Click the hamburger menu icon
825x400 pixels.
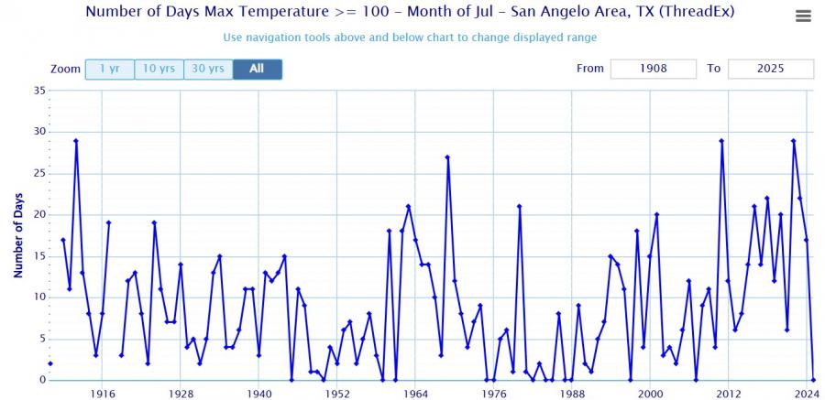[x=803, y=16]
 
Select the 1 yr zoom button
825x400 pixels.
[x=109, y=69]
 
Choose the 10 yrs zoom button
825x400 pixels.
[x=159, y=69]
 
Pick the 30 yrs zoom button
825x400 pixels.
[x=208, y=69]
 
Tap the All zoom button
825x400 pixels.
[x=257, y=69]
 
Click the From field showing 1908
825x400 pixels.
[x=654, y=69]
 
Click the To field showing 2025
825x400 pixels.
[x=770, y=69]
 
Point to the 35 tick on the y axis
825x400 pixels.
[x=39, y=90]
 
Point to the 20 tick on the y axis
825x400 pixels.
[x=39, y=214]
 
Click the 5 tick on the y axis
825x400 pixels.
[x=42, y=339]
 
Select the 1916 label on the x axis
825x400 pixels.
[x=103, y=394]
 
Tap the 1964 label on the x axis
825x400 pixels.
[x=415, y=394]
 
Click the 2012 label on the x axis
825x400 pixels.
[x=729, y=394]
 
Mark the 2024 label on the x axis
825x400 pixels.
[x=807, y=394]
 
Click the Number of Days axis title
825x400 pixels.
[x=17, y=235]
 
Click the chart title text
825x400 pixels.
[x=410, y=13]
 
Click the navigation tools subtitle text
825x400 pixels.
[x=410, y=38]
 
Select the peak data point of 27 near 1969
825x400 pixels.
[x=447, y=157]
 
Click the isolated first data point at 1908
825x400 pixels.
[x=50, y=363]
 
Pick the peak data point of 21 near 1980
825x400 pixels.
[x=519, y=206]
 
